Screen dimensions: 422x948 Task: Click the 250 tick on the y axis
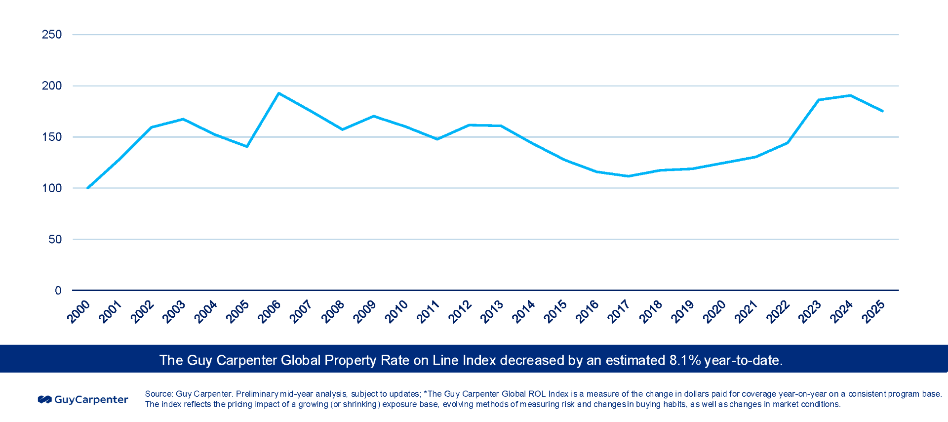point(51,35)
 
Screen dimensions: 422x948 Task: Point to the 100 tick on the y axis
point(51,188)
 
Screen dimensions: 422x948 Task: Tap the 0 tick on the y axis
point(58,291)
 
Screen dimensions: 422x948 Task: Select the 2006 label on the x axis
point(269,312)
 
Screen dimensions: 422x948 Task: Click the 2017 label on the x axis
point(619,312)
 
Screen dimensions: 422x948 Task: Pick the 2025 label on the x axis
point(873,312)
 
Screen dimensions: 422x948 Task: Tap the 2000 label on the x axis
point(79,312)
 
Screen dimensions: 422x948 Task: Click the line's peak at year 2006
point(279,93)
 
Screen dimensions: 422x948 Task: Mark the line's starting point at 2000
point(88,188)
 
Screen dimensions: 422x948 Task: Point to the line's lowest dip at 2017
point(628,176)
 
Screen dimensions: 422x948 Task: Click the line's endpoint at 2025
point(882,111)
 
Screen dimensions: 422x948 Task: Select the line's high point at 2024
point(850,95)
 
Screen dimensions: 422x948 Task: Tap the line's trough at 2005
point(247,146)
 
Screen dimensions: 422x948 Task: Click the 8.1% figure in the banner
point(685,360)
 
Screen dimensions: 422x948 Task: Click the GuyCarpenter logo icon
point(45,399)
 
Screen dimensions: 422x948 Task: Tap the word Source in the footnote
point(158,394)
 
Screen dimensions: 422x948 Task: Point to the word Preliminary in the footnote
point(257,394)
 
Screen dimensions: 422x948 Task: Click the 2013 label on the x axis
point(491,312)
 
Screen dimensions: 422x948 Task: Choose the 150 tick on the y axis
point(51,137)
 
